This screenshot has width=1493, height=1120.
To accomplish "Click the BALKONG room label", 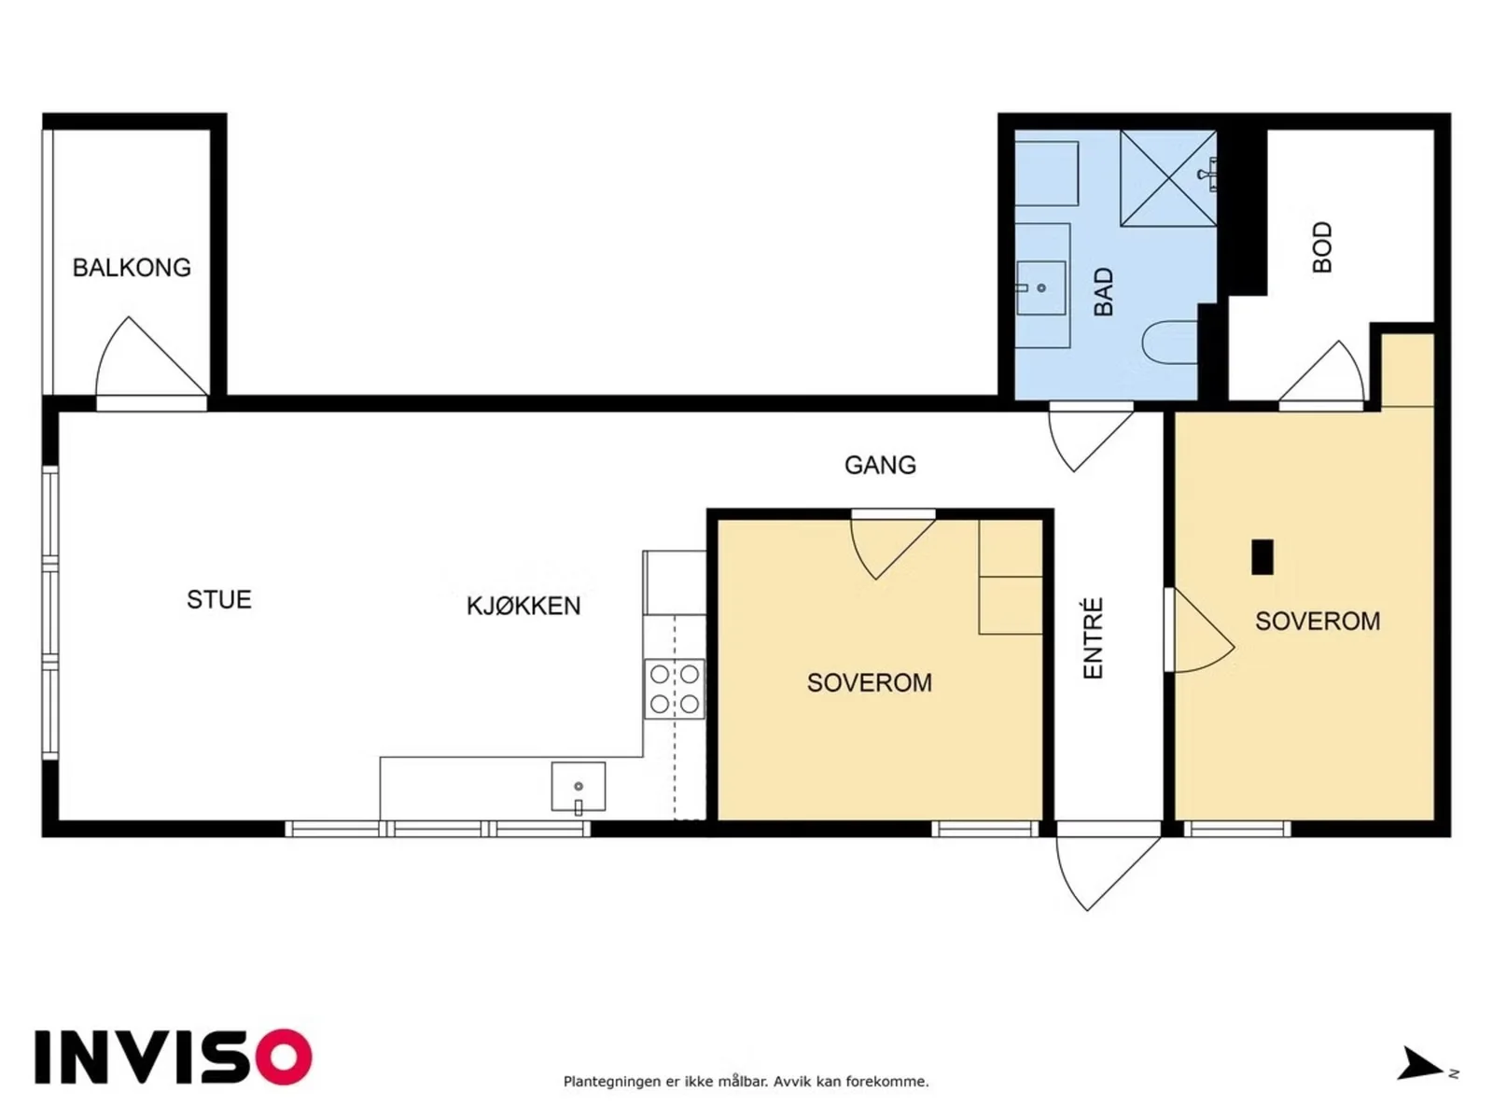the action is pyautogui.click(x=132, y=268).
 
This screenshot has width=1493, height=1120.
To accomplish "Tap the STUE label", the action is pyautogui.click(x=219, y=599).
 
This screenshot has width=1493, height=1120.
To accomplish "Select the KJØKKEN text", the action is pyautogui.click(x=523, y=606).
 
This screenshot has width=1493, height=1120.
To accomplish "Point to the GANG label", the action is pyautogui.click(x=880, y=465).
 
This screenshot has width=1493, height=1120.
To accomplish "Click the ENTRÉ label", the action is pyautogui.click(x=1093, y=637).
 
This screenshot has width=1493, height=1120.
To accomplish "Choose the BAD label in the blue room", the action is pyautogui.click(x=1103, y=292).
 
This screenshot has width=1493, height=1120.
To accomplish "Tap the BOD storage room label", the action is pyautogui.click(x=1321, y=247).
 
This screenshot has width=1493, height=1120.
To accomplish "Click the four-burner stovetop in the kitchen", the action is pyautogui.click(x=674, y=689).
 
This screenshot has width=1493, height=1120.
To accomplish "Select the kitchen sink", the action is pyautogui.click(x=579, y=787).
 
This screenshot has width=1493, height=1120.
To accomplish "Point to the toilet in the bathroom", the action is pyautogui.click(x=1170, y=342).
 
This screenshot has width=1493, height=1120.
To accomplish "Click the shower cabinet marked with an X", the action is pyautogui.click(x=1168, y=178).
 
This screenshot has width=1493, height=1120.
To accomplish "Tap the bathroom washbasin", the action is pyautogui.click(x=1040, y=287).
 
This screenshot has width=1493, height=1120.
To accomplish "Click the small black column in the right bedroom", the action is pyautogui.click(x=1263, y=557).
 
